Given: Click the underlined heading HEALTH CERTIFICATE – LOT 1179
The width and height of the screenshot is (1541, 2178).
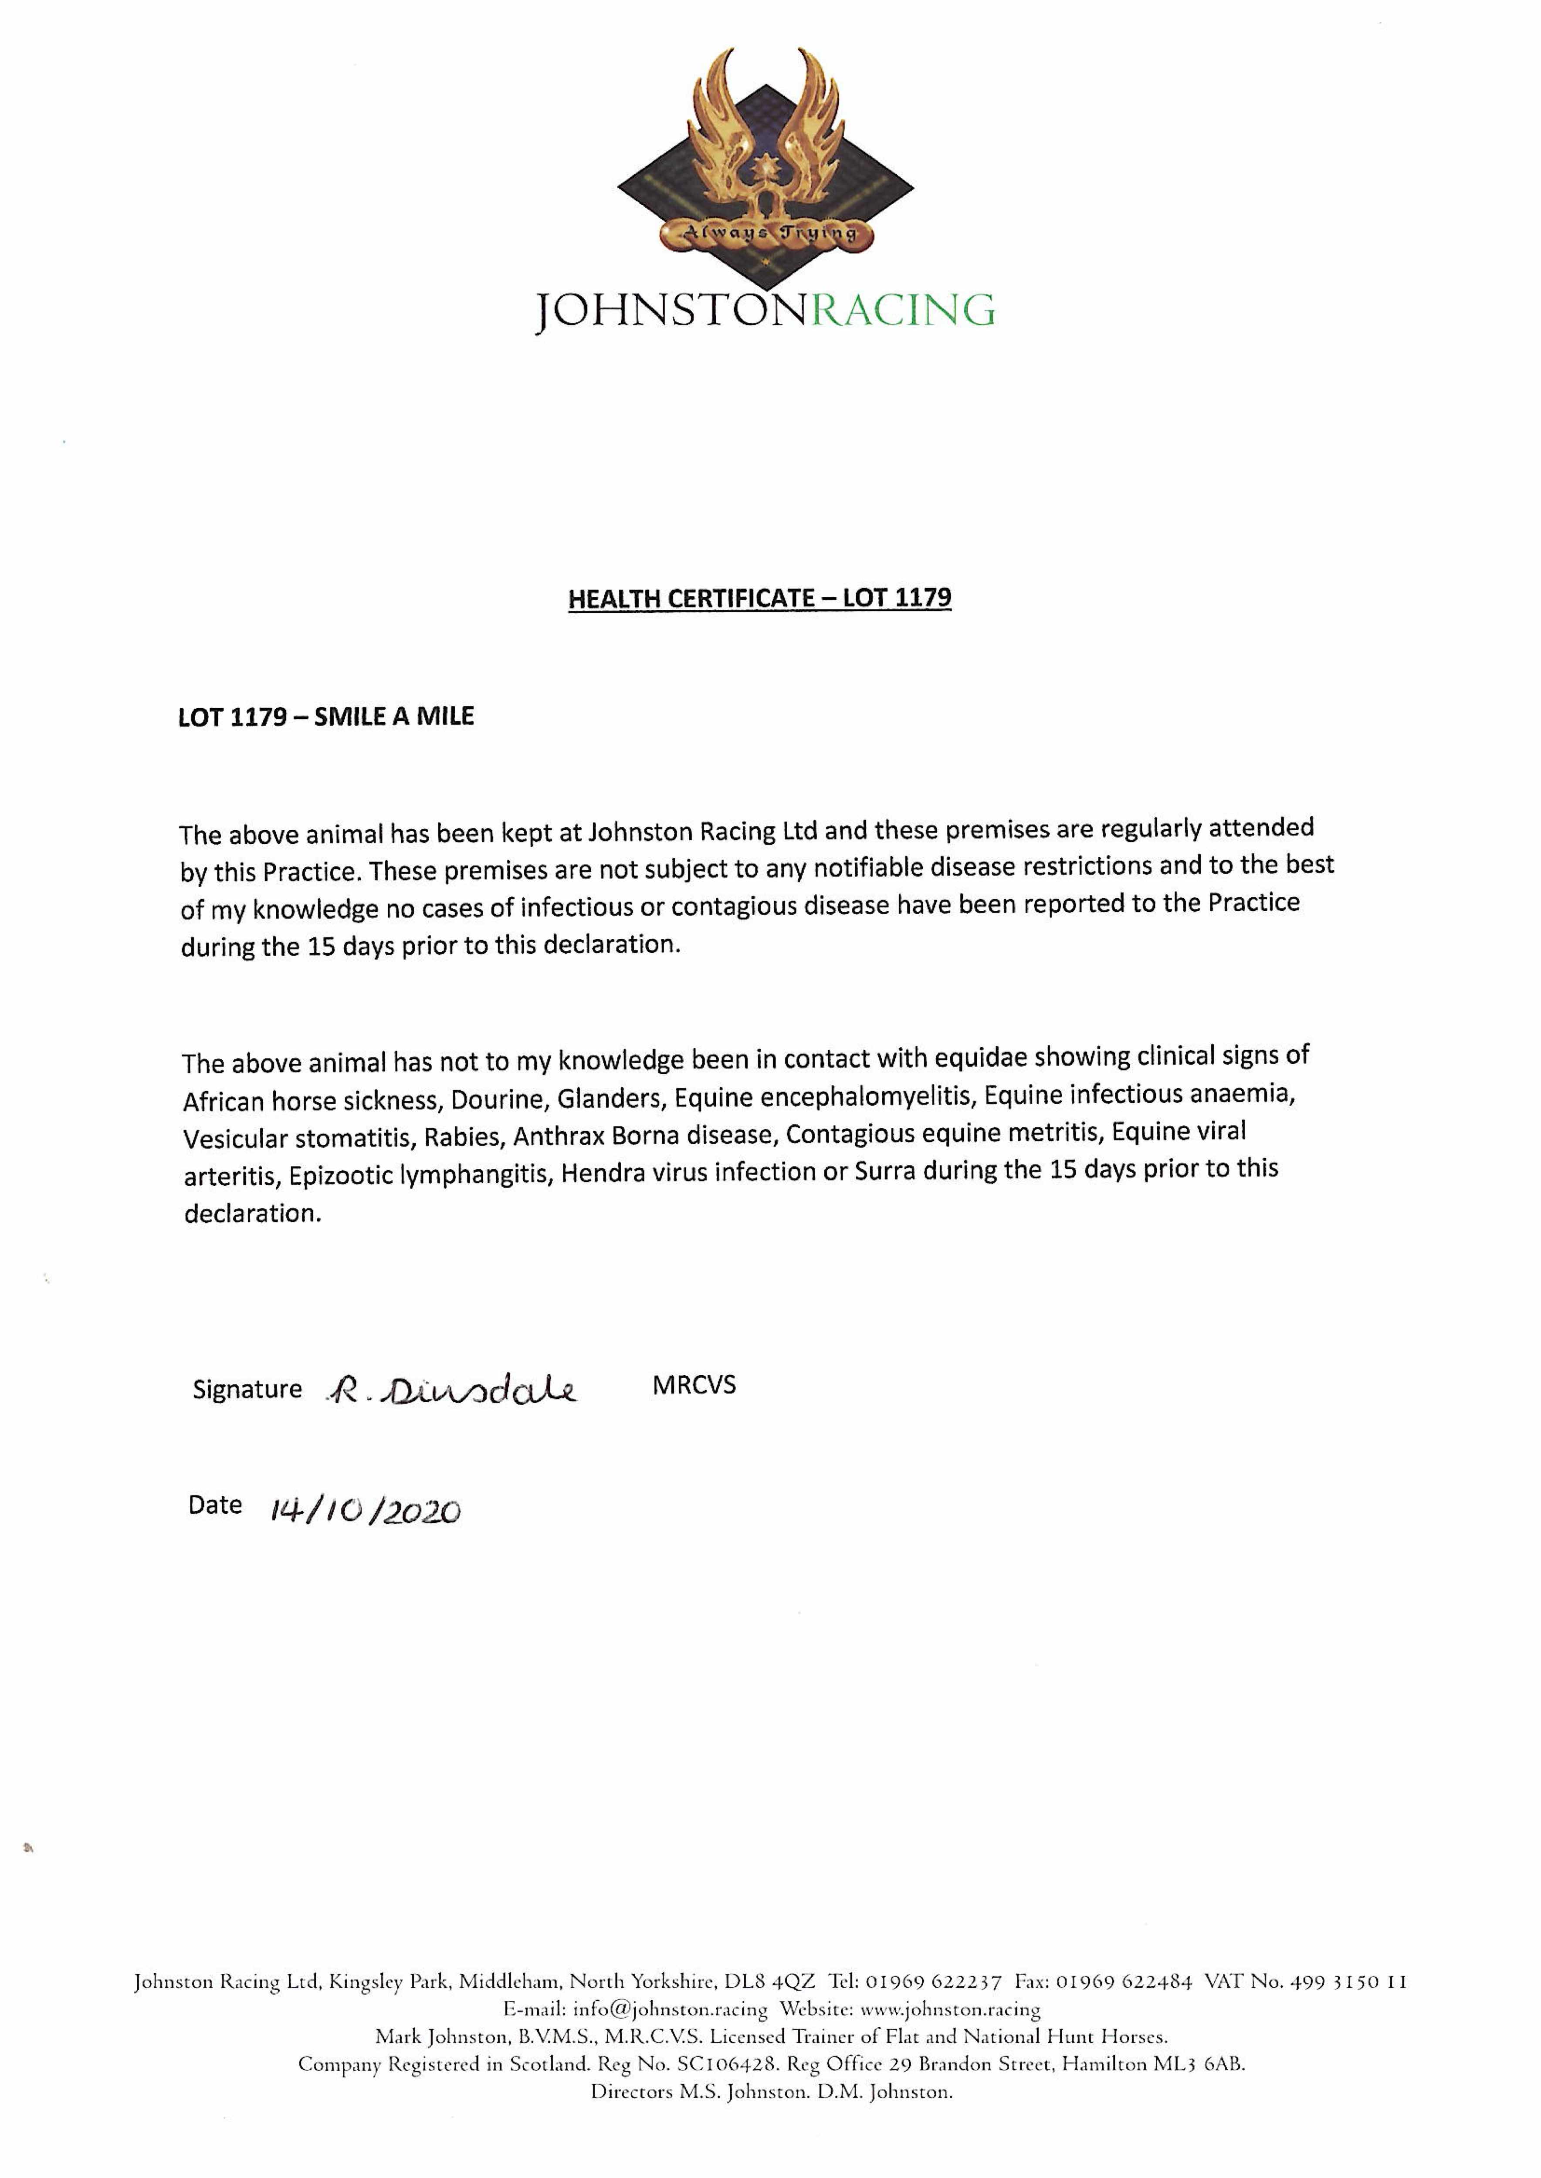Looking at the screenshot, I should point(759,599).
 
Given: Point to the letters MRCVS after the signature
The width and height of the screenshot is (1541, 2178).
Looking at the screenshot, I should point(694,1385).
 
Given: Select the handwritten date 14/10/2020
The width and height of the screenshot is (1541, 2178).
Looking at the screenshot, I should point(366,1510).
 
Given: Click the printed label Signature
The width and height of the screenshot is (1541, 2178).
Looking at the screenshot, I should point(247,1390).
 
